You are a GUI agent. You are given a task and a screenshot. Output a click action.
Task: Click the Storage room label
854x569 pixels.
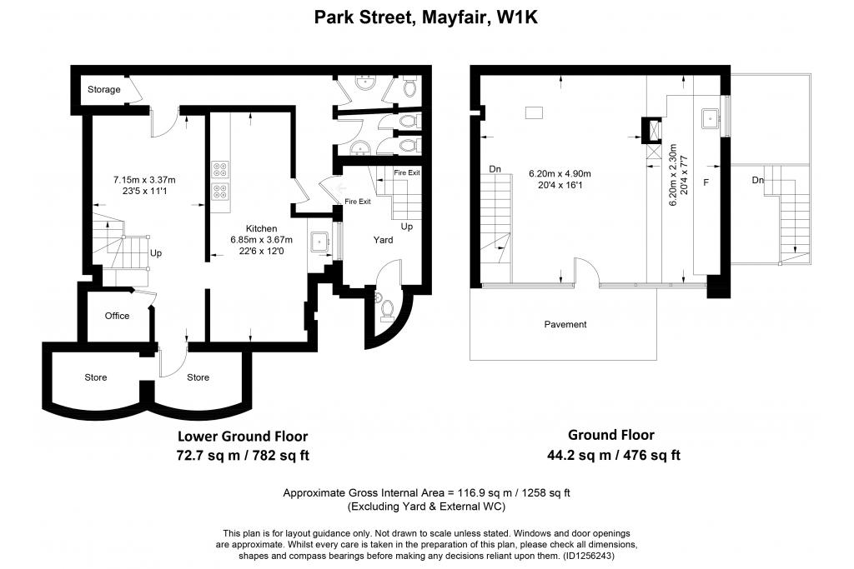(x=104, y=90)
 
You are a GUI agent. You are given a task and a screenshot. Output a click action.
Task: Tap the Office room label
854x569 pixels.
(x=117, y=316)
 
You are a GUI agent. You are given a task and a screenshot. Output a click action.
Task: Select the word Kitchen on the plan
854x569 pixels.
(x=261, y=229)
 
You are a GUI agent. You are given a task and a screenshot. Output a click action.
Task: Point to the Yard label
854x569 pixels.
(x=383, y=240)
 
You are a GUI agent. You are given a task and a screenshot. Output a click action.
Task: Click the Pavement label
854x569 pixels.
(x=565, y=325)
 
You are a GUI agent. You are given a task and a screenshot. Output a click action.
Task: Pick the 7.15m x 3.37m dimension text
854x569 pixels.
(x=144, y=180)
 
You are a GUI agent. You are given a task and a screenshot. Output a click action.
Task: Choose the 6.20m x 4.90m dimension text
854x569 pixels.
(x=560, y=174)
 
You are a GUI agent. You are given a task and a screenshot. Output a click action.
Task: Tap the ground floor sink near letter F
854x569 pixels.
(x=711, y=118)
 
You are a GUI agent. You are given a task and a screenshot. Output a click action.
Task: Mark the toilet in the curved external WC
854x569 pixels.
(x=386, y=308)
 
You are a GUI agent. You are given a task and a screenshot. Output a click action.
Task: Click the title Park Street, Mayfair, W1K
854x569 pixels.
(x=426, y=17)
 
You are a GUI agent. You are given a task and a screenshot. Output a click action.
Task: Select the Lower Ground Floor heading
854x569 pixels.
(x=243, y=437)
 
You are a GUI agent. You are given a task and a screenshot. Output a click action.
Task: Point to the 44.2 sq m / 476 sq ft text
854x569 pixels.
(x=614, y=455)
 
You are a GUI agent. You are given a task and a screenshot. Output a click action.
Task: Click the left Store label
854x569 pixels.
(x=96, y=377)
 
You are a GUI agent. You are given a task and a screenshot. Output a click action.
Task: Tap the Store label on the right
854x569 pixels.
(x=198, y=377)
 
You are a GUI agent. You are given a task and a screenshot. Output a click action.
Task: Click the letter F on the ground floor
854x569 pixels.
(x=706, y=182)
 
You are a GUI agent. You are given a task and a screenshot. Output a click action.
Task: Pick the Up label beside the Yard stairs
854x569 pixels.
(x=407, y=227)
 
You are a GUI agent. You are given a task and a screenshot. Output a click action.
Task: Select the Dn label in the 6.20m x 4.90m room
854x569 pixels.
(x=495, y=169)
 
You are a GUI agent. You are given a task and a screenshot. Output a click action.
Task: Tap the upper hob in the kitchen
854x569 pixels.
(x=220, y=170)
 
